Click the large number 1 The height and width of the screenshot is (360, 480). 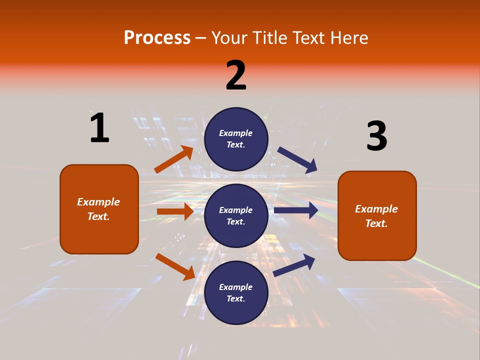(x=99, y=128)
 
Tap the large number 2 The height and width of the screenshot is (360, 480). (x=236, y=75)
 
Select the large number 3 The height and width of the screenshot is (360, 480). (x=376, y=136)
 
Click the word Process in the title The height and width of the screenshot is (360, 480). (x=157, y=37)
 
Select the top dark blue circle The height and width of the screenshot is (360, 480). (x=236, y=139)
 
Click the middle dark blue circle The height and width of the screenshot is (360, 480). (x=236, y=215)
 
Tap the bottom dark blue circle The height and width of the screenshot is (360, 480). (x=236, y=292)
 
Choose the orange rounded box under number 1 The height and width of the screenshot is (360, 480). (x=99, y=209)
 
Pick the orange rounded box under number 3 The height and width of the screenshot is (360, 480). (x=377, y=215)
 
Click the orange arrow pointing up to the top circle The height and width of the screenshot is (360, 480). (x=173, y=160)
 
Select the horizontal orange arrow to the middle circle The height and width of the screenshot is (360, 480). (x=175, y=211)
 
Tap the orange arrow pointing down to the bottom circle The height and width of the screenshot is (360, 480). (x=175, y=266)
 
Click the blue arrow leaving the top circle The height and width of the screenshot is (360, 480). (x=297, y=160)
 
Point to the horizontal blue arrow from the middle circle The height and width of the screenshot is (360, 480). (x=296, y=210)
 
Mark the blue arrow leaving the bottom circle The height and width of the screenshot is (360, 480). (x=294, y=265)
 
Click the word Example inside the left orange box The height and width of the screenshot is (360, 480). (x=98, y=202)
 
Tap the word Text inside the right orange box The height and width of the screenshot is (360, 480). (x=376, y=223)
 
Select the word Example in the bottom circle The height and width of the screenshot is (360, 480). (x=236, y=287)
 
